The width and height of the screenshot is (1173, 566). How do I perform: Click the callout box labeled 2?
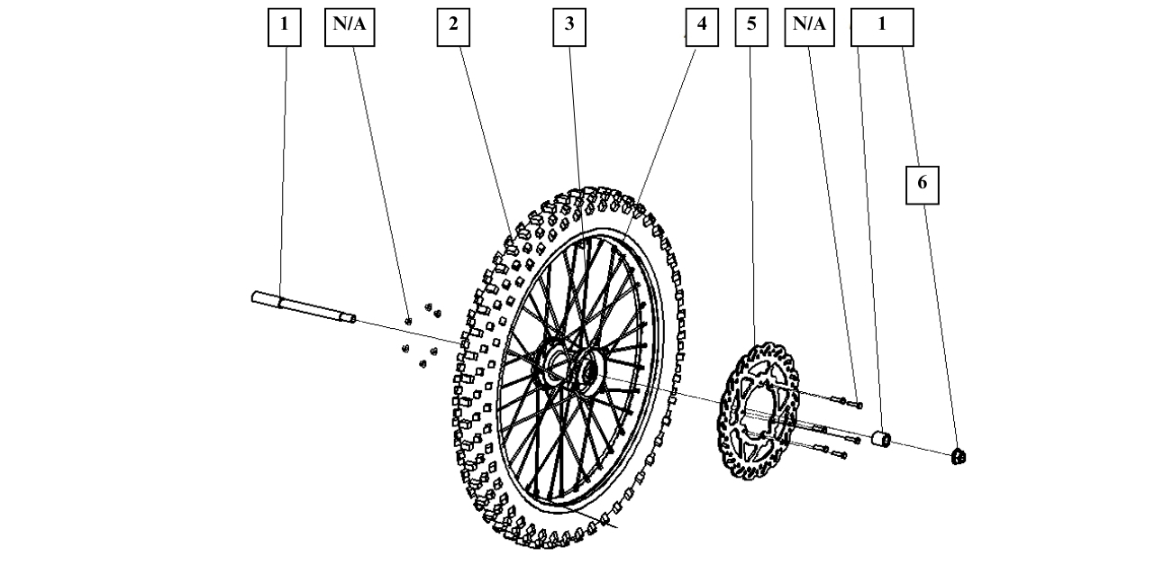453,26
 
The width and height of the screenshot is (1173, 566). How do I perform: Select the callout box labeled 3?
568,26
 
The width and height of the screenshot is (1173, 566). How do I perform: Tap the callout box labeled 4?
700,26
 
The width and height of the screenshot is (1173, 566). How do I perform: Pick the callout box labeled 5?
751,26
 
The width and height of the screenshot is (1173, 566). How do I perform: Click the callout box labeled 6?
922,184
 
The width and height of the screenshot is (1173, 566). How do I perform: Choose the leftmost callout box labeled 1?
285,26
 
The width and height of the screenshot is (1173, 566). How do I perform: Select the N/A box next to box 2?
349,26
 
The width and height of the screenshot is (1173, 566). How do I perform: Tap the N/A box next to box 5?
809,26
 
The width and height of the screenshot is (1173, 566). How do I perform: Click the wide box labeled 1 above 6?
882,26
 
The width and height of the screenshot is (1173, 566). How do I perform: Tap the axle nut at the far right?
959,457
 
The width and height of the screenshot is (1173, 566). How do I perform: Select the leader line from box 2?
486,135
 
